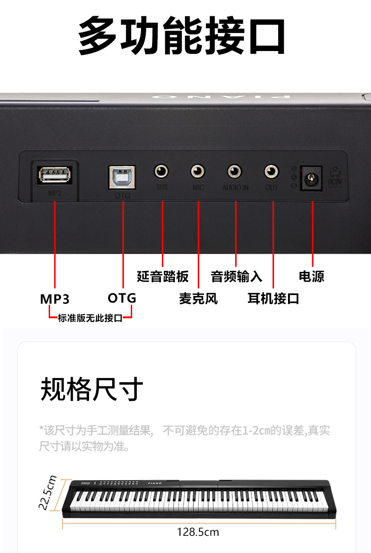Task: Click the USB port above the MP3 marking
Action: click(x=55, y=174)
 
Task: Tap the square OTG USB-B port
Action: click(x=122, y=177)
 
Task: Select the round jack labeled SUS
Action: click(x=161, y=172)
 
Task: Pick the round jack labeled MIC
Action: click(x=198, y=172)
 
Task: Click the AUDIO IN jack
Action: click(x=235, y=172)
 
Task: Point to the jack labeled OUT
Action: click(x=272, y=172)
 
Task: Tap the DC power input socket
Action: click(x=312, y=178)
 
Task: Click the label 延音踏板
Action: click(x=163, y=276)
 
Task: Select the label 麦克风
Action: click(x=198, y=298)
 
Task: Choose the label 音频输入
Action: click(x=237, y=276)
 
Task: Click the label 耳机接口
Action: click(x=273, y=298)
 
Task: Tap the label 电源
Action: click(x=312, y=276)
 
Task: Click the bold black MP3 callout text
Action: click(x=55, y=299)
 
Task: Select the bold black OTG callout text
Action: click(x=122, y=298)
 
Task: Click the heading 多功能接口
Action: click(x=182, y=36)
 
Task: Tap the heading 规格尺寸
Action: click(x=92, y=389)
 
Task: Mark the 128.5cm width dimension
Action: click(x=198, y=532)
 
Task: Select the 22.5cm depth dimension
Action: click(x=48, y=493)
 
